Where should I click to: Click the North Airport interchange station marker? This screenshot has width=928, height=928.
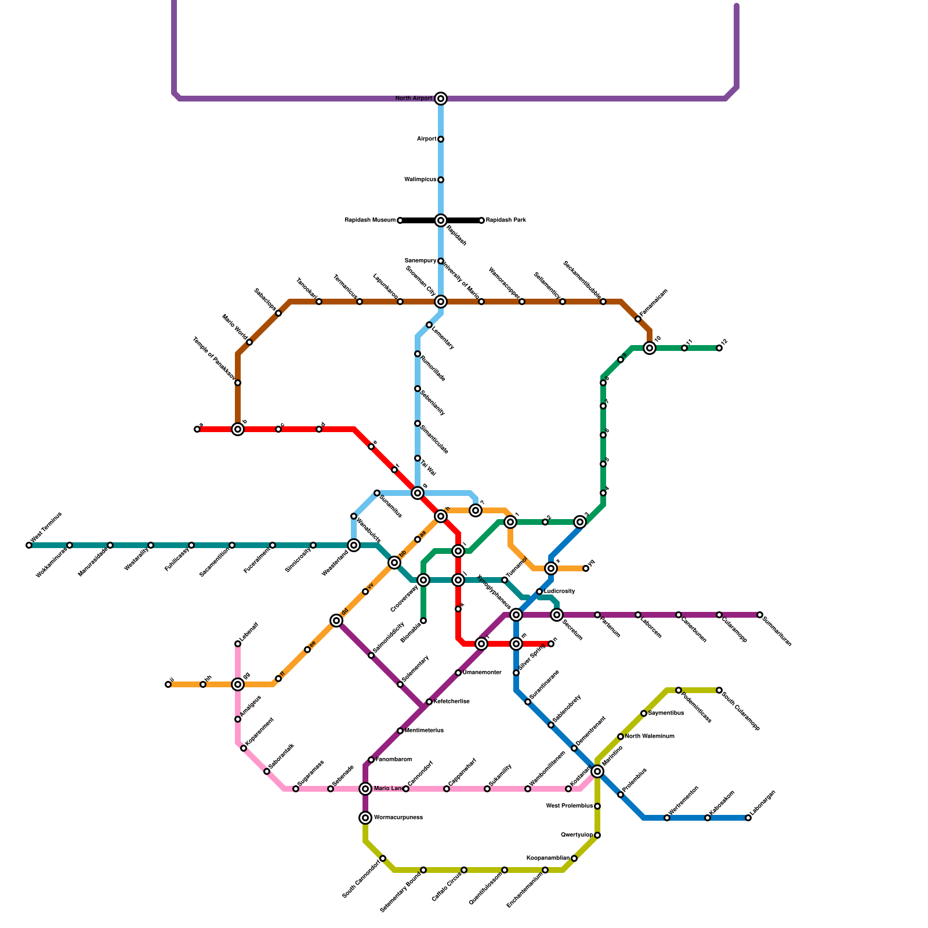[441, 99]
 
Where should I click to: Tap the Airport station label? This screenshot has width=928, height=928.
[426, 139]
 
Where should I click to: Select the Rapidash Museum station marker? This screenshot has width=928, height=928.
[400, 220]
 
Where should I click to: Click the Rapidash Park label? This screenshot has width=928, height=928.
[506, 220]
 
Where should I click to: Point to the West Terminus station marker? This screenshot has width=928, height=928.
[29, 545]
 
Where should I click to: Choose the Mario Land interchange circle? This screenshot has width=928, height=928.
[365, 789]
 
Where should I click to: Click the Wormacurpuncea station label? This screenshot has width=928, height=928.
[398, 818]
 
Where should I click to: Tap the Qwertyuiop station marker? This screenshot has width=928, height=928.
[597, 835]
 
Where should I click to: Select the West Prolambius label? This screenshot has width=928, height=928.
[570, 806]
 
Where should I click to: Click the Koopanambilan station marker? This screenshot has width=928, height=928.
[574, 858]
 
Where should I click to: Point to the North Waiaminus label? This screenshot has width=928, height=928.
[650, 737]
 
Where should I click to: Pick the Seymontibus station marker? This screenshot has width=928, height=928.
[644, 713]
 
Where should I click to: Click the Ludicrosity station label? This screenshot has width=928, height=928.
[560, 592]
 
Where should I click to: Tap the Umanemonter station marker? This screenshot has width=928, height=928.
[458, 673]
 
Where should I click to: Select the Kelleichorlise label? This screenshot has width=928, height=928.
[452, 702]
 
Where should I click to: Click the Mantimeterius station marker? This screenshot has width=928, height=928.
[400, 731]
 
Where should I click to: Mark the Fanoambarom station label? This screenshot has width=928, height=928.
[394, 760]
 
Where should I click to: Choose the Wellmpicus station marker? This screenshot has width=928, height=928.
[441, 180]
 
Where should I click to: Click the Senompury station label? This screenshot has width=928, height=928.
[420, 261]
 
